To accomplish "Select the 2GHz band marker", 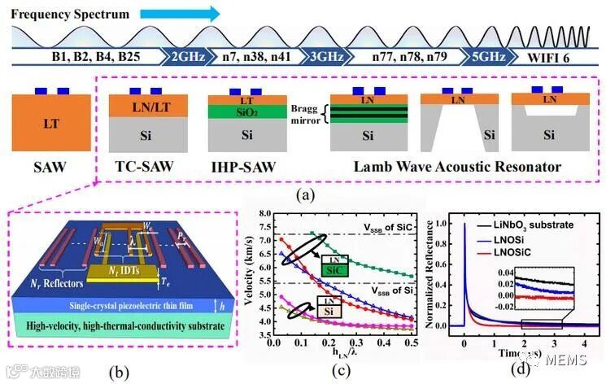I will click(x=189, y=57).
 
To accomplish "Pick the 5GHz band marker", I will click(x=481, y=57).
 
